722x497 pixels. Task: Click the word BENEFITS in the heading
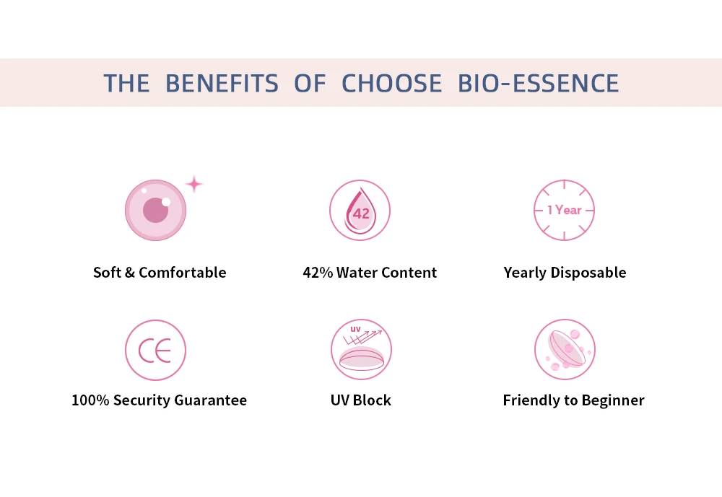(222, 83)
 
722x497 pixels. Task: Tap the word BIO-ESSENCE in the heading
(538, 83)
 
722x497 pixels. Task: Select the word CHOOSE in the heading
(391, 83)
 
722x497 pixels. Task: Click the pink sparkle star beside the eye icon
(193, 184)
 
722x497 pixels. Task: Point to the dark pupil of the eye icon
(156, 211)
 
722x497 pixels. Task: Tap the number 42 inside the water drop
(361, 214)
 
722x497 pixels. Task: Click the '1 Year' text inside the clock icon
(565, 210)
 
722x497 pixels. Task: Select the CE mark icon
(155, 350)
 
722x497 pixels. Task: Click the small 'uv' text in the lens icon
(355, 329)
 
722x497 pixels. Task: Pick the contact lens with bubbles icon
(565, 349)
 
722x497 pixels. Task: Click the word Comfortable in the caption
(183, 273)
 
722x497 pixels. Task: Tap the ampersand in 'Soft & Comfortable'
(129, 273)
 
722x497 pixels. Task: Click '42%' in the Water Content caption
(318, 273)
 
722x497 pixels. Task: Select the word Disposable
(588, 273)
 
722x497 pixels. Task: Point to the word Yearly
(526, 273)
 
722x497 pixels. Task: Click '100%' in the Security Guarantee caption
(90, 400)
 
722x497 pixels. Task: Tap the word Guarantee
(210, 400)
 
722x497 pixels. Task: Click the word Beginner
(613, 400)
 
